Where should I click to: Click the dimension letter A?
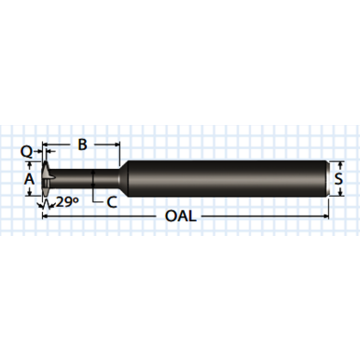pos(30,179)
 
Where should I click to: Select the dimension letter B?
pos(82,145)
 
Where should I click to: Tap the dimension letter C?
pos(112,202)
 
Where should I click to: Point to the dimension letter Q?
pos(27,152)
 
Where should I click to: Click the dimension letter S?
pos(339,179)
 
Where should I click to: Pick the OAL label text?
pos(181,216)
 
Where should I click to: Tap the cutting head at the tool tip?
pos(48,179)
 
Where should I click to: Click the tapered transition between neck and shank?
pos(123,179)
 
